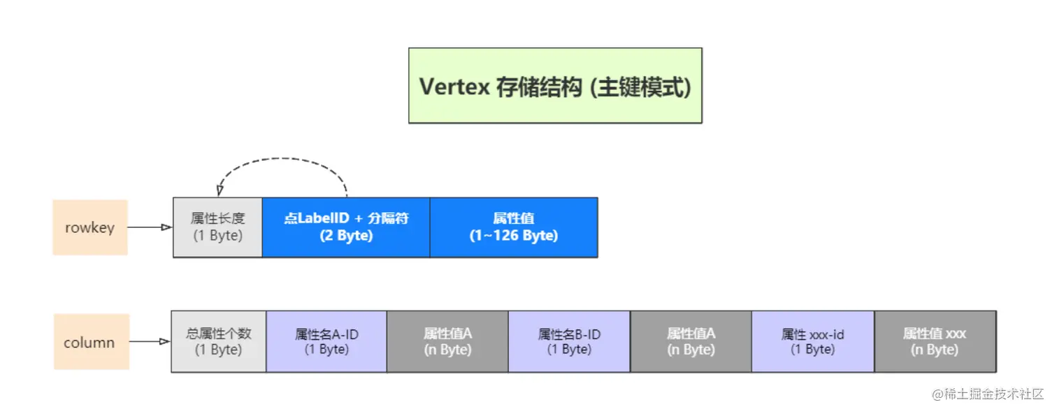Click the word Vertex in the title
coord(454,87)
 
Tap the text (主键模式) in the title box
coord(641,87)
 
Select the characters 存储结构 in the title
coord(538,87)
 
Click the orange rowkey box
coord(90,227)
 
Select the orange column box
coord(92,342)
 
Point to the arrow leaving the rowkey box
coord(150,227)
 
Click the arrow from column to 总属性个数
coord(150,341)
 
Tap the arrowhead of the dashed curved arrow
coord(220,191)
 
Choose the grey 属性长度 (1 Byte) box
coord(217,227)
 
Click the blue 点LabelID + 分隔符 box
coord(346,227)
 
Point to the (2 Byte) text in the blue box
coord(346,236)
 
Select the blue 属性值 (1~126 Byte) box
coord(514,227)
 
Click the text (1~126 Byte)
coord(514,236)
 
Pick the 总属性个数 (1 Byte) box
coord(219,342)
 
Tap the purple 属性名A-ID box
coord(326,342)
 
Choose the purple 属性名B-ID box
coord(569,342)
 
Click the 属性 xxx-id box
coord(812,342)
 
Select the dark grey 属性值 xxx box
coord(935,342)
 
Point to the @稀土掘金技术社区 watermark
coord(987,394)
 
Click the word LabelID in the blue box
coord(323,218)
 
